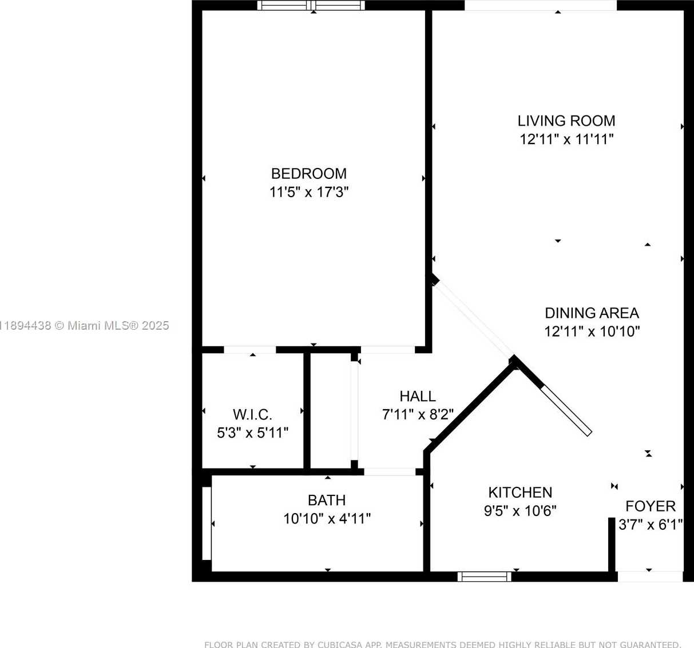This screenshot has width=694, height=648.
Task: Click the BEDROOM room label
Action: tap(308, 174)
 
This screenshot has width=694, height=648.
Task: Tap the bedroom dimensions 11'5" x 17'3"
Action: tap(308, 192)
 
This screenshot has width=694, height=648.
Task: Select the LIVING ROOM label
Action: tap(566, 121)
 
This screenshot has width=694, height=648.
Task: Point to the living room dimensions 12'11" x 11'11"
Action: tap(566, 139)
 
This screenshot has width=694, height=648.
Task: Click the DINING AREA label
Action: tap(592, 313)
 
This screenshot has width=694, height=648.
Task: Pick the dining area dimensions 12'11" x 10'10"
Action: tap(592, 331)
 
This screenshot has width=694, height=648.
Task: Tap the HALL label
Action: tap(417, 396)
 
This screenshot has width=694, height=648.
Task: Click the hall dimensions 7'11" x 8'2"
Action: tap(417, 414)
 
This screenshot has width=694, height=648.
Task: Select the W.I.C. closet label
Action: tap(252, 415)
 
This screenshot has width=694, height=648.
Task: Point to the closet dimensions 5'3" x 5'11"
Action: tap(252, 433)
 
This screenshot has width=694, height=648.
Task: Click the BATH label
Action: tap(327, 501)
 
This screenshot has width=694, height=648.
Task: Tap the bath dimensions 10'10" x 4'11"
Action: tap(327, 519)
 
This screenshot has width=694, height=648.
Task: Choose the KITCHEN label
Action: tap(520, 493)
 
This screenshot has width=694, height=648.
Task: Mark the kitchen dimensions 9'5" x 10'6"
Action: tap(520, 511)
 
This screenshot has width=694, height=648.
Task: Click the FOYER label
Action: tap(651, 506)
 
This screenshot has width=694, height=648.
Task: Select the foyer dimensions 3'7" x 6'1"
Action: tap(651, 525)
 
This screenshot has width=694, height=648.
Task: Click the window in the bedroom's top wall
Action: tap(311, 6)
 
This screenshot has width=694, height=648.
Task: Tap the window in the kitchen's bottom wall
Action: tap(484, 577)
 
